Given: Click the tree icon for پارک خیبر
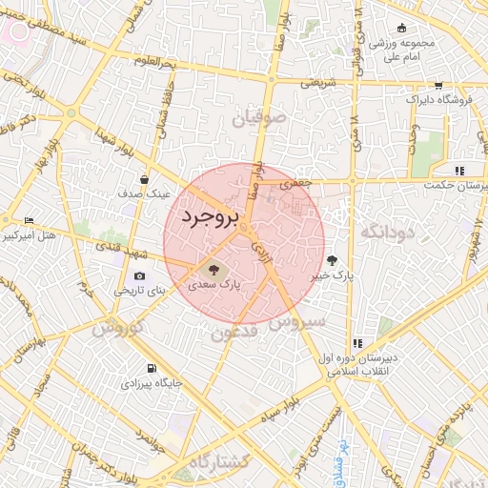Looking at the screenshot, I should [332, 259].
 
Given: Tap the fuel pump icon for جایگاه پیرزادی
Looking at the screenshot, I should [150, 368].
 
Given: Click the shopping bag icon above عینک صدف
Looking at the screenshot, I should [144, 178].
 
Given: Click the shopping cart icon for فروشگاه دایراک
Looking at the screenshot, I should [437, 85].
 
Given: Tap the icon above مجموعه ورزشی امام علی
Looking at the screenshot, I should [401, 28].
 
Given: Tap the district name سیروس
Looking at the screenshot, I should [296, 322].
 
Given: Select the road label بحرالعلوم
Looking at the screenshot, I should [156, 63].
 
